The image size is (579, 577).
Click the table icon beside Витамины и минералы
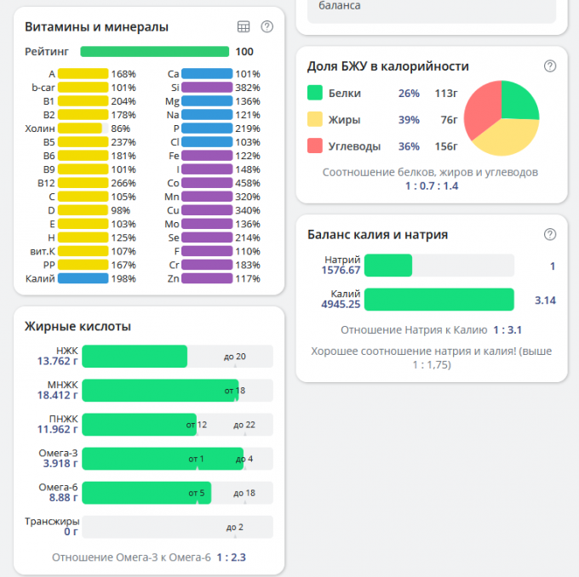pos(244,26)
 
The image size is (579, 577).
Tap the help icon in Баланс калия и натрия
pos(550,234)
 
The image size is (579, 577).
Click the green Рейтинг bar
pos(154,52)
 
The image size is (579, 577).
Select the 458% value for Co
pos(248,183)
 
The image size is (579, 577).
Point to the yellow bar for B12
pos(83,183)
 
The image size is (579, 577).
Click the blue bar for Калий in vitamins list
pos(83,278)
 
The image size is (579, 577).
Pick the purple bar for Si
pos(207,88)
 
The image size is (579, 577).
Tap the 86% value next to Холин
pos(120,129)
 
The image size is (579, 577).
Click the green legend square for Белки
pos(315,94)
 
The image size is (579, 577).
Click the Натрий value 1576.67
pos(341,271)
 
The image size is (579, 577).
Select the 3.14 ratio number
pos(544,300)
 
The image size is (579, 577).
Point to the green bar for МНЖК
pos(160,390)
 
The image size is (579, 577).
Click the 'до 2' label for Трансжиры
pos(235,528)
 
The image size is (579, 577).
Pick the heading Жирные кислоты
pos(77,327)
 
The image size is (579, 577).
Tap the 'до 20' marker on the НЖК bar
pos(234,357)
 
